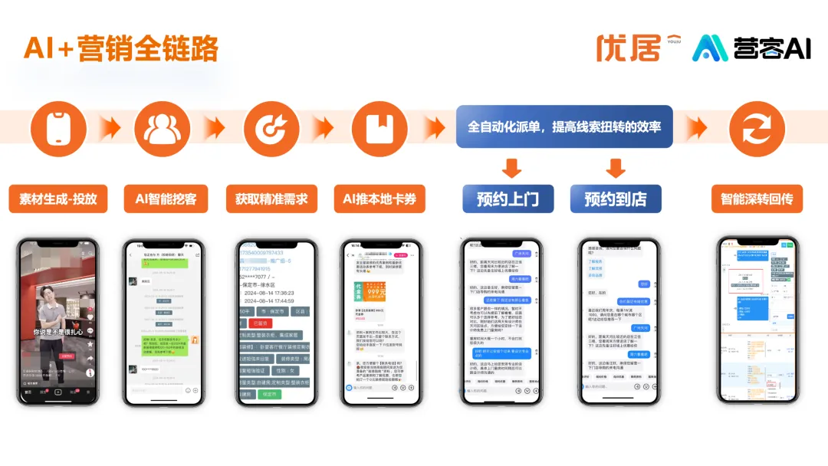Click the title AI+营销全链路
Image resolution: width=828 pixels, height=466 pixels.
click(121, 48)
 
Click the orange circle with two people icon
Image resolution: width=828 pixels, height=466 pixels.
click(162, 127)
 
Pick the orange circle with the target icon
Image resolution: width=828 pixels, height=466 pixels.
click(270, 127)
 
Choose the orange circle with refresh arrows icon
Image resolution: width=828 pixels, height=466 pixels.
click(756, 127)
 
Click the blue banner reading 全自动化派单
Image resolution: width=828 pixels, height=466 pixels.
click(564, 126)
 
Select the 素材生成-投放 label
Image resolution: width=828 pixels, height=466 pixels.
click(58, 199)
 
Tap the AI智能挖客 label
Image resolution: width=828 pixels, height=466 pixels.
click(166, 199)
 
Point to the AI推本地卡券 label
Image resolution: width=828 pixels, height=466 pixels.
click(379, 199)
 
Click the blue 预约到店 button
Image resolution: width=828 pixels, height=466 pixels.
click(615, 199)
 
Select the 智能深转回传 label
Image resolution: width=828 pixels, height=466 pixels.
click(756, 199)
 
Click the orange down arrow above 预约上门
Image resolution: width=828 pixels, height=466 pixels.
click(511, 167)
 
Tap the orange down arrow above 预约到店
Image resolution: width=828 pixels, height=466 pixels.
click(615, 167)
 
